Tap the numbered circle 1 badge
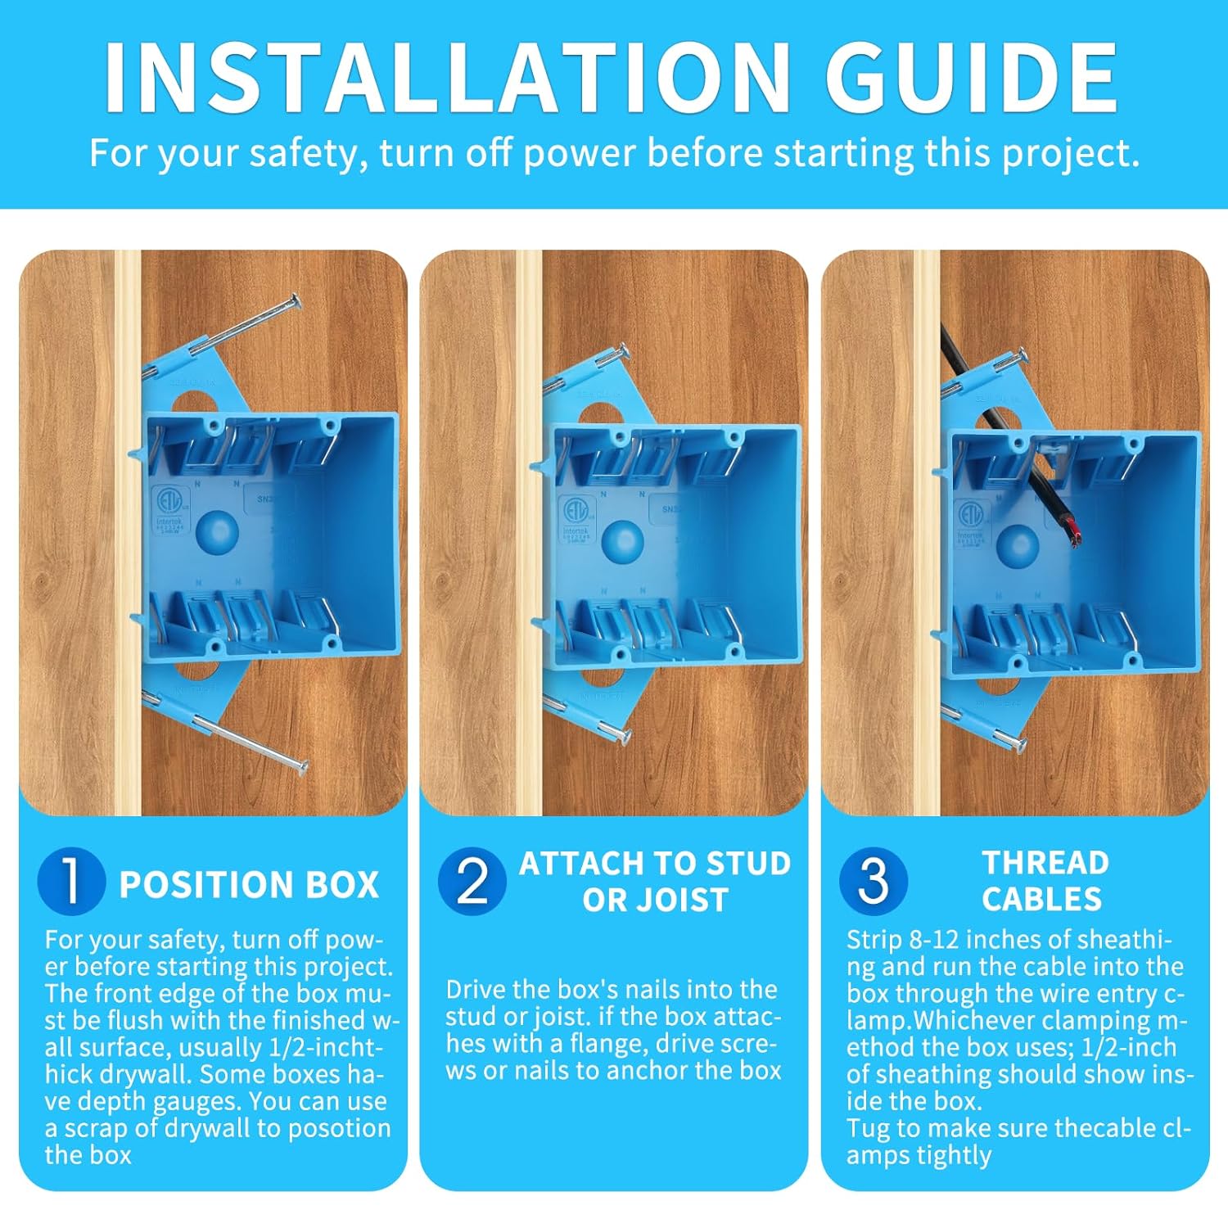pyautogui.click(x=71, y=882)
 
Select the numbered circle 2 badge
pyautogui.click(x=472, y=882)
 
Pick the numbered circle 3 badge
pyautogui.click(x=874, y=882)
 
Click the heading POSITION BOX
pyautogui.click(x=249, y=885)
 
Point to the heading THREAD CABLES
pyautogui.click(x=1044, y=881)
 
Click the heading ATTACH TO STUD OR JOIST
pyautogui.click(x=655, y=882)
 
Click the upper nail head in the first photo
pyautogui.click(x=295, y=301)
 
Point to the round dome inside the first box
pyautogui.click(x=217, y=533)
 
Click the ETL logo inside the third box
pyautogui.click(x=972, y=517)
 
